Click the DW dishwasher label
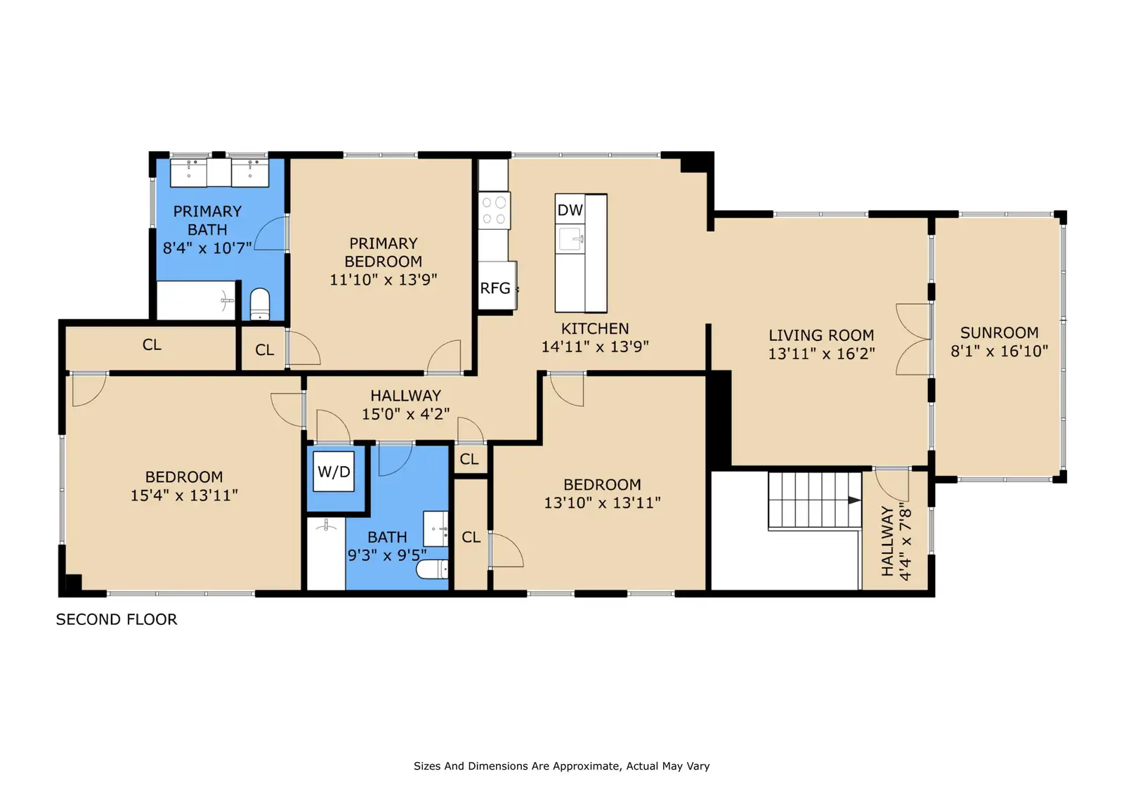tap(570, 210)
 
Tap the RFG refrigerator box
tap(497, 287)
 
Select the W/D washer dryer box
tap(334, 471)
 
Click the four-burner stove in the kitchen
tap(495, 210)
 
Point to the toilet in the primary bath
tap(259, 304)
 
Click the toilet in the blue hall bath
tap(432, 569)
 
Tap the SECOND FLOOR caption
tap(117, 619)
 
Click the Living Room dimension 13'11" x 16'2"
tap(821, 354)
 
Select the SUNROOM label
tap(999, 332)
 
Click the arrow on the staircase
tap(854, 500)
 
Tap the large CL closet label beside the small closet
tap(152, 344)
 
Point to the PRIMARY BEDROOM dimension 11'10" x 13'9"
tap(384, 280)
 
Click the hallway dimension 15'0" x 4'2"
tap(405, 414)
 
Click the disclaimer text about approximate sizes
tap(561, 766)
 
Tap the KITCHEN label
tap(594, 328)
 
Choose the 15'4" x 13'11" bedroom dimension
tap(183, 495)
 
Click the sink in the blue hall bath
tap(436, 529)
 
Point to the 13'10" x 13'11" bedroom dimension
tap(602, 503)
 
